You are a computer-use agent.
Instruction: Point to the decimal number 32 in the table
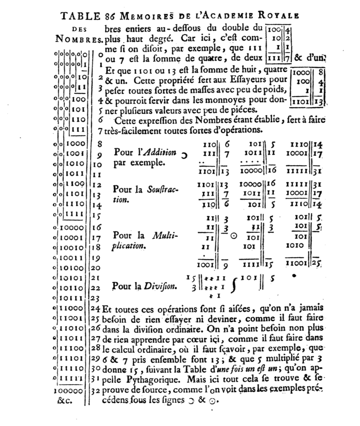95,391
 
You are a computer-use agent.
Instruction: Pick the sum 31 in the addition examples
318,171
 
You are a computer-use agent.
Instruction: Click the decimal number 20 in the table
95,268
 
